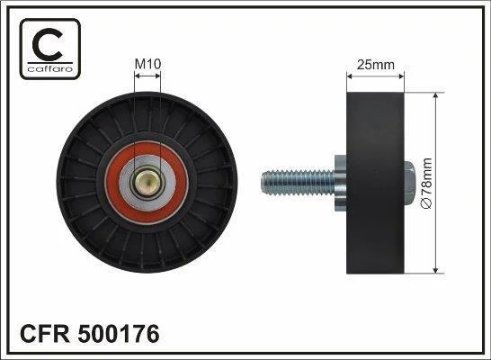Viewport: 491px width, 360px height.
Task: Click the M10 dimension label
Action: tap(147, 64)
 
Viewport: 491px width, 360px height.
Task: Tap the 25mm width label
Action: tap(376, 65)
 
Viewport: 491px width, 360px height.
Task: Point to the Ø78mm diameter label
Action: tap(427, 184)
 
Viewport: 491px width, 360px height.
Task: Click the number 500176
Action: tap(119, 333)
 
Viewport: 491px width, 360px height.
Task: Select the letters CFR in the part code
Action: tap(45, 333)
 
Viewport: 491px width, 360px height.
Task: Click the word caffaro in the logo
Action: tap(50, 68)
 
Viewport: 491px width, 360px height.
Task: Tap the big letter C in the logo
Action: tap(48, 44)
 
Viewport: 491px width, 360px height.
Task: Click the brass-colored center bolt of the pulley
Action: tap(147, 183)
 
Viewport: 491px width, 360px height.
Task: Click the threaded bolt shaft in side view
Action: tap(299, 183)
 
